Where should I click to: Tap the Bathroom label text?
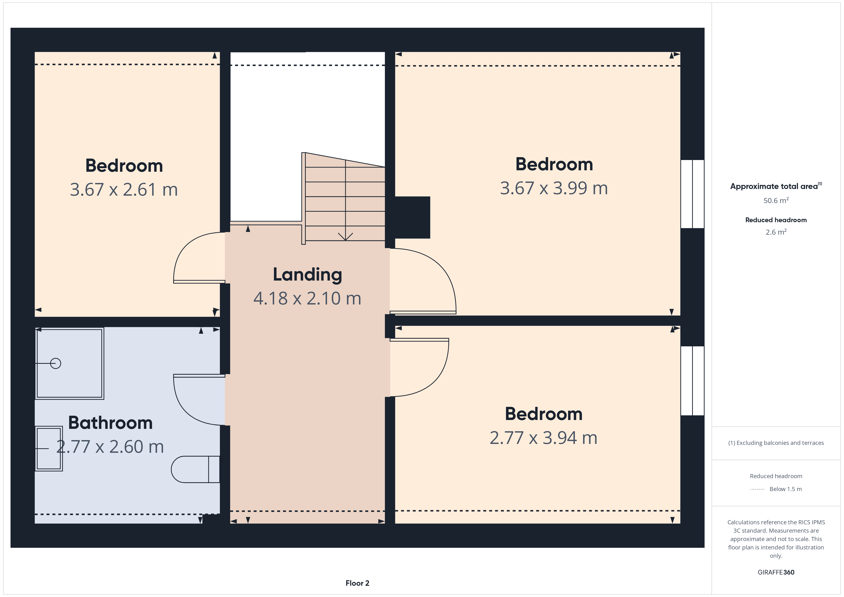(x=110, y=423)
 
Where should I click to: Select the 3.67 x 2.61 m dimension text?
(x=124, y=190)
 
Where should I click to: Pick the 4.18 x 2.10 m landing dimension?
(x=307, y=298)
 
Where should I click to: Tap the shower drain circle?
(x=56, y=363)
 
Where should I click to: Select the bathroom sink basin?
(x=49, y=448)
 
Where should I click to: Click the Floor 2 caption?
(x=357, y=583)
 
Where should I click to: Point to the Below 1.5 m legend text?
(x=786, y=489)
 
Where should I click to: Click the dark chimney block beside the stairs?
(x=412, y=217)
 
